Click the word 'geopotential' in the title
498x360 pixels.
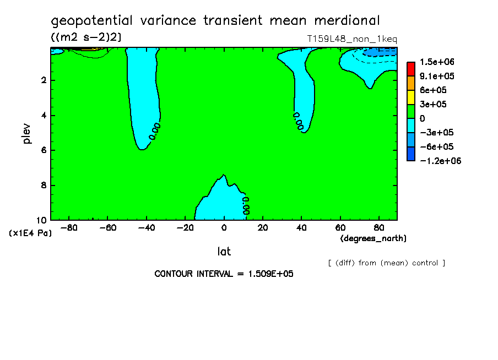[91, 21]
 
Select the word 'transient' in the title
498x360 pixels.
[233, 20]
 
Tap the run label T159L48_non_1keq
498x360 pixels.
[352, 39]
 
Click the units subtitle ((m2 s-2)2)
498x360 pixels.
[86, 37]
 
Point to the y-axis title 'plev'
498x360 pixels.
[26, 134]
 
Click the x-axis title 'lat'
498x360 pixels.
[224, 252]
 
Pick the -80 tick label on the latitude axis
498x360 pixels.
[69, 228]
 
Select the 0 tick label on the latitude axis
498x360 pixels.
[224, 228]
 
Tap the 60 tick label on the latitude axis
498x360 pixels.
[340, 228]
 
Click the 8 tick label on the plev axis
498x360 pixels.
[44, 185]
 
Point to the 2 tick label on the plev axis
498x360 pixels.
[44, 80]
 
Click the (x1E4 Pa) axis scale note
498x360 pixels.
[30, 233]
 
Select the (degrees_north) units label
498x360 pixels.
[373, 238]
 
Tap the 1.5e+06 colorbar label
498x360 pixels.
[437, 62]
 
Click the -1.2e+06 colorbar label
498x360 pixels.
[441, 161]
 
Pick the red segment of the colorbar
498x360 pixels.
[411, 69]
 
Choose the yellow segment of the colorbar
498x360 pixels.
[411, 97]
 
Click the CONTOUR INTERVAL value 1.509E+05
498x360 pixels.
[270, 274]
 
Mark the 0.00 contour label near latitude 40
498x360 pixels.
[298, 121]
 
